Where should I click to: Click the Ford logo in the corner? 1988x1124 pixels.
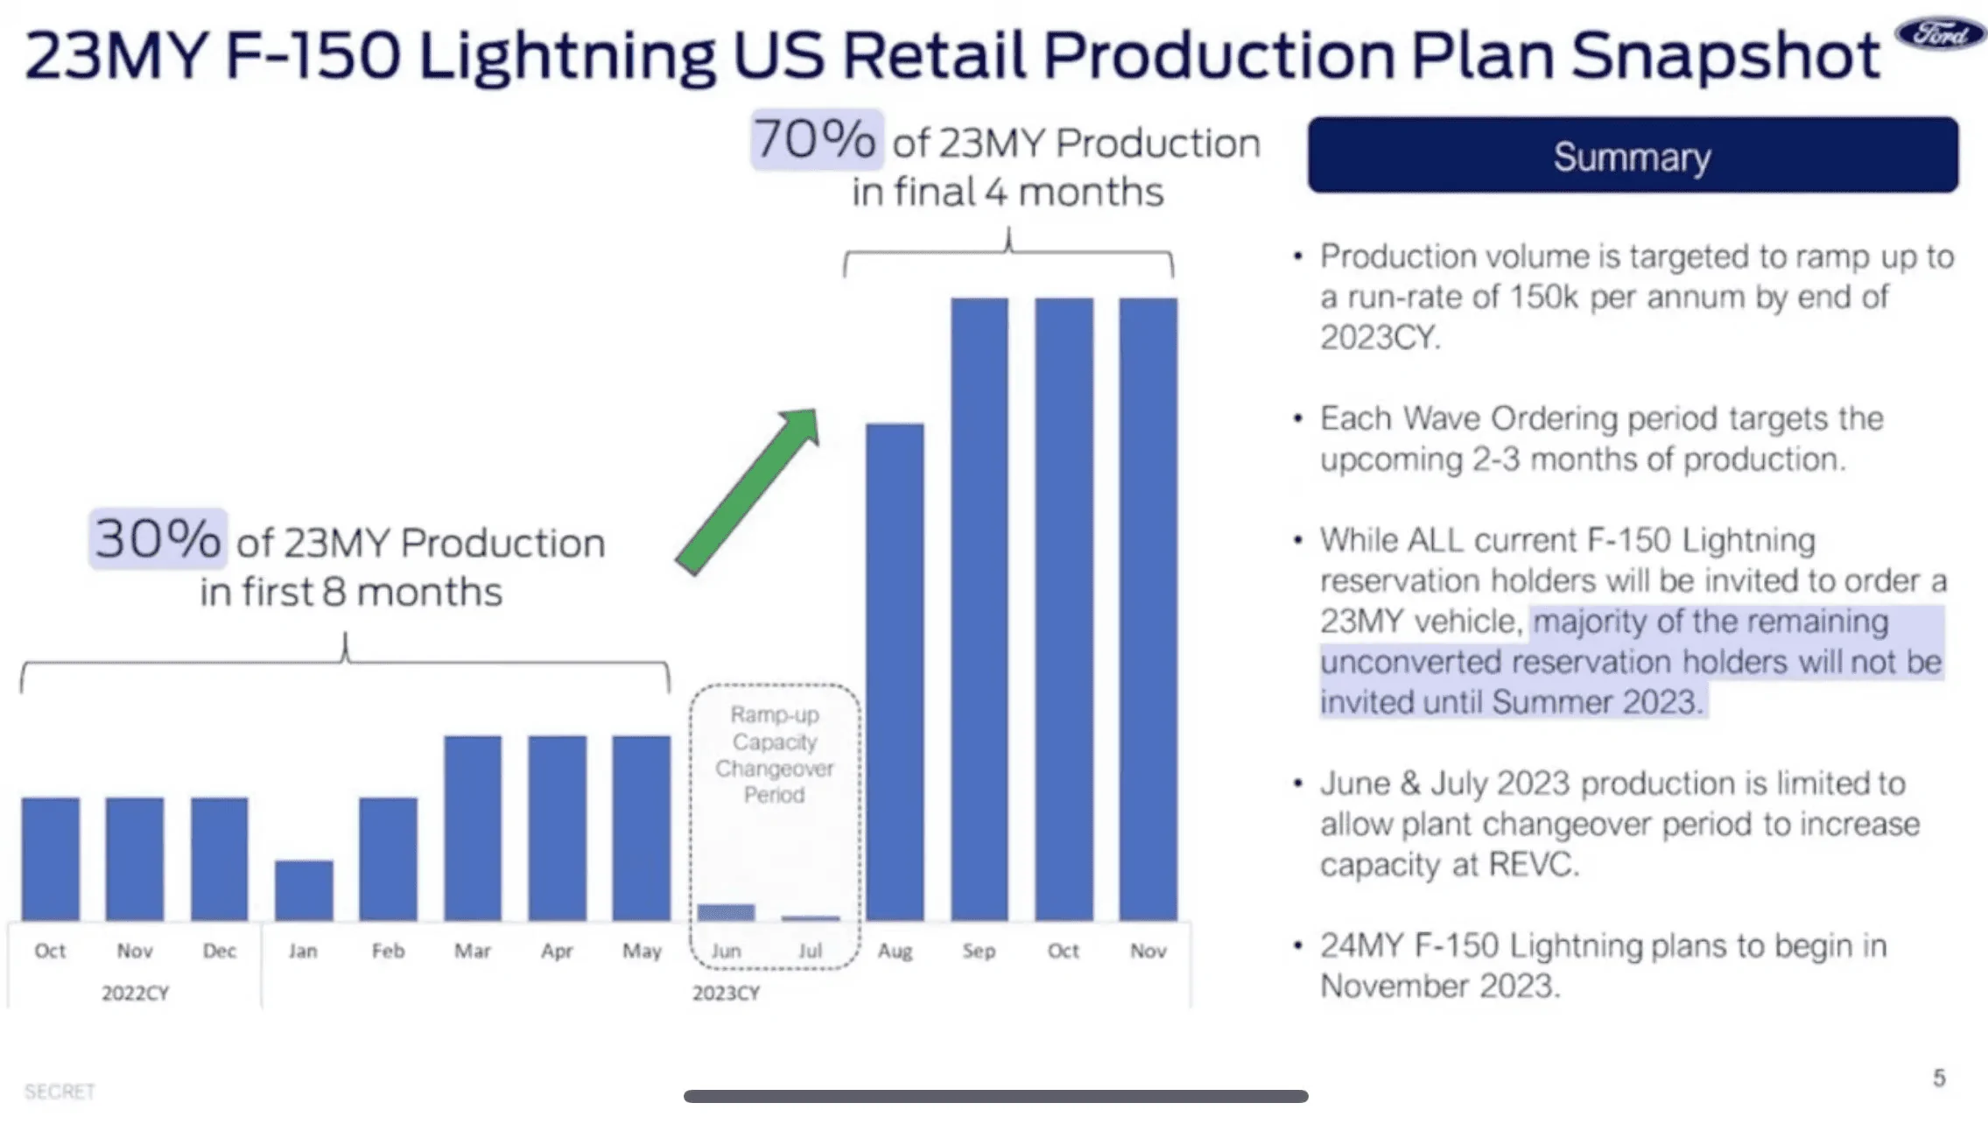point(1940,34)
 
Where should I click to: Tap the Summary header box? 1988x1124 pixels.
point(1633,155)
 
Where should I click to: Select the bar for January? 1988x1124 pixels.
point(304,889)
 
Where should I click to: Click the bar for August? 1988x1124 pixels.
point(895,671)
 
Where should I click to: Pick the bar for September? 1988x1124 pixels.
point(980,608)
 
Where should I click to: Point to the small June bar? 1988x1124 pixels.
point(726,912)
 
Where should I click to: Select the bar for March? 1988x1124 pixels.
point(473,827)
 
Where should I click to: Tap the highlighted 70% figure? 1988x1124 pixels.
point(815,139)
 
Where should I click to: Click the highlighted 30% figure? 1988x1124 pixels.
point(158,538)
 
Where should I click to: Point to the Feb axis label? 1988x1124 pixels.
point(388,951)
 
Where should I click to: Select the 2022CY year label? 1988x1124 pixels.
point(135,993)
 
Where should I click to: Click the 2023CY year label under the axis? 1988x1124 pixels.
point(726,993)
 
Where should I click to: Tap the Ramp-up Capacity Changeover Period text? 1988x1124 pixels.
point(775,755)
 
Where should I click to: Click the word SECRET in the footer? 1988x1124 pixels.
point(60,1092)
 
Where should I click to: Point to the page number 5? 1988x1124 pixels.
point(1939,1078)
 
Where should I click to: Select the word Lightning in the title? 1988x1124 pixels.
point(566,56)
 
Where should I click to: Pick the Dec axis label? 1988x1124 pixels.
point(220,951)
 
